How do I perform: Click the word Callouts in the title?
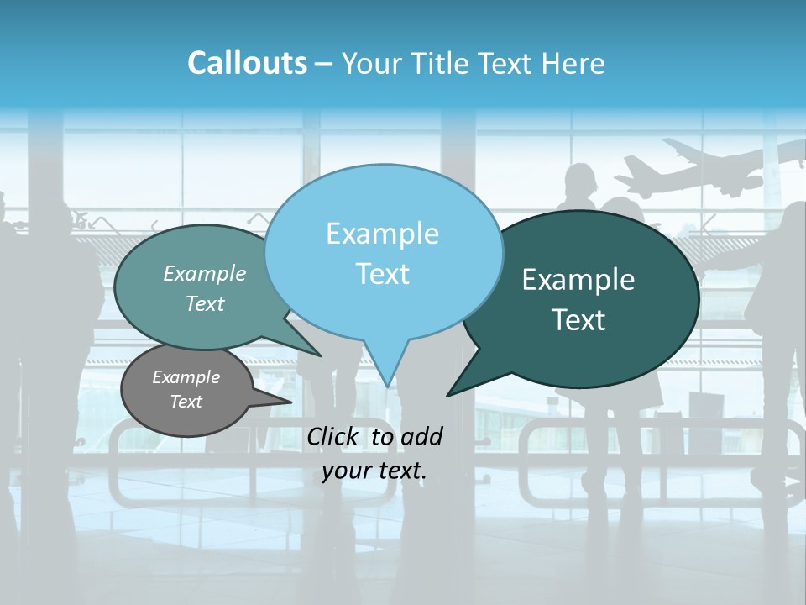point(247,63)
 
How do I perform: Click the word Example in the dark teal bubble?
point(578,280)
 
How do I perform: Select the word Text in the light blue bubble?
point(382,274)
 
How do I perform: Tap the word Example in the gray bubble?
point(186,377)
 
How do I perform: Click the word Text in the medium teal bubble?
point(205,303)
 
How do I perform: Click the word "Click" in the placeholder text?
point(332,436)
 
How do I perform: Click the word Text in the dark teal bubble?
point(579,320)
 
